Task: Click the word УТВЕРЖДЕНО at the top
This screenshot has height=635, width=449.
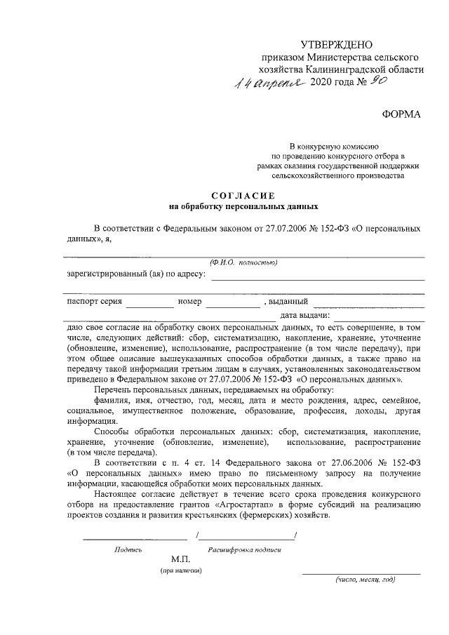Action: (x=335, y=44)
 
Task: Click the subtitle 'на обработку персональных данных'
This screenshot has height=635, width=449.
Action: (x=243, y=207)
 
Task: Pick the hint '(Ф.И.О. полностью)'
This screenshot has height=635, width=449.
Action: (x=243, y=262)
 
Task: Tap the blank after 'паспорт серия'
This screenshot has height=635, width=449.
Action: (x=150, y=307)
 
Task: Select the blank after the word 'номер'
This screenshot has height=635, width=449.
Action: (x=232, y=307)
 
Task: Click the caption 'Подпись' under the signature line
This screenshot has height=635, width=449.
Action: (x=128, y=549)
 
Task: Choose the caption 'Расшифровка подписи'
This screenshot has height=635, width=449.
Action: (x=244, y=549)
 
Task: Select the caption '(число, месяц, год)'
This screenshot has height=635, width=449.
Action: (x=365, y=580)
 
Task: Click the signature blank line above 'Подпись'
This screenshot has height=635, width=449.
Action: (x=135, y=538)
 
